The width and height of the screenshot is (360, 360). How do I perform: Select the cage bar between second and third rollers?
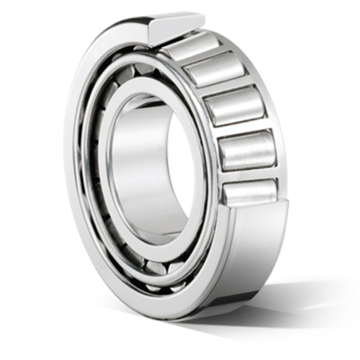pos(224,87)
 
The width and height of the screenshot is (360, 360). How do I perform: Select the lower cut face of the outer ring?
pos(259,216)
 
